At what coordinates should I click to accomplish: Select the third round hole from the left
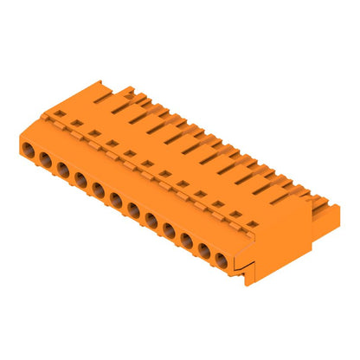(63, 170)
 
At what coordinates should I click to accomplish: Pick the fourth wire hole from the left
(80, 180)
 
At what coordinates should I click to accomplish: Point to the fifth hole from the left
(98, 190)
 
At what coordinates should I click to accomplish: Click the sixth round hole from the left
(116, 200)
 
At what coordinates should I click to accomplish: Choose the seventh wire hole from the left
(133, 209)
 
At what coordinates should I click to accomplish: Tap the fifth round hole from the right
(151, 219)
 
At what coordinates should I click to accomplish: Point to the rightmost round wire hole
(222, 259)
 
